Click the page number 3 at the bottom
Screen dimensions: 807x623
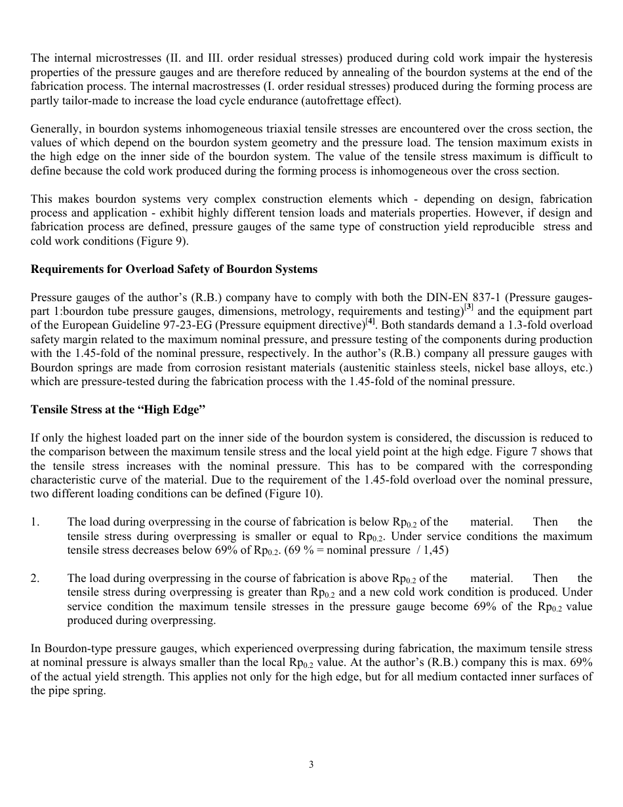click(x=311, y=764)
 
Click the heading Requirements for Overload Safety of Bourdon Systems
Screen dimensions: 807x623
click(x=174, y=269)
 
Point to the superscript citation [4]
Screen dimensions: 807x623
click(x=371, y=321)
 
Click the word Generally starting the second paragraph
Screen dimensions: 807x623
click(x=55, y=129)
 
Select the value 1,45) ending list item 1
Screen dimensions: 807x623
click(x=433, y=550)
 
